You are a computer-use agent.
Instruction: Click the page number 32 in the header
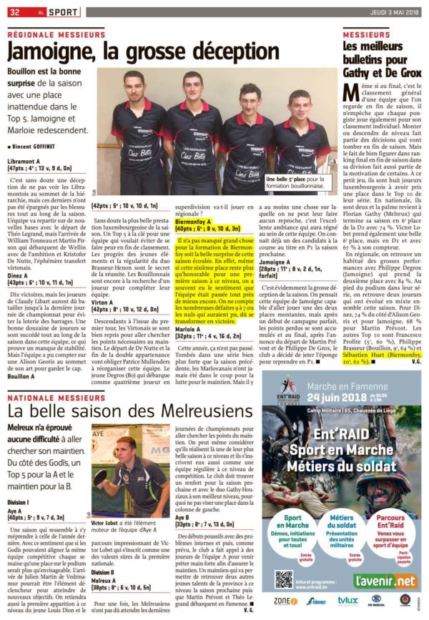[14, 12]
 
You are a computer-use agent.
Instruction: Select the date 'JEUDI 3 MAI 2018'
[390, 12]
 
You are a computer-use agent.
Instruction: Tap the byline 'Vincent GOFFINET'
[36, 146]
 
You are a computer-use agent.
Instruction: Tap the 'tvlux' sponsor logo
[347, 601]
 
